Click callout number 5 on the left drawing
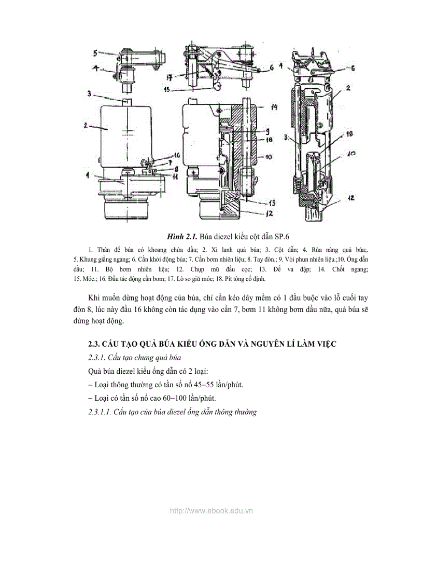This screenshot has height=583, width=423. tap(95, 53)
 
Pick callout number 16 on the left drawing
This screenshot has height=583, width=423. tap(162, 155)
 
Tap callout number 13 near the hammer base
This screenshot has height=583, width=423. tap(271, 202)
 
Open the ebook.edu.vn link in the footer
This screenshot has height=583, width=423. tap(211, 511)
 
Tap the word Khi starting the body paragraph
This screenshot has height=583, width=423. tap(94, 297)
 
